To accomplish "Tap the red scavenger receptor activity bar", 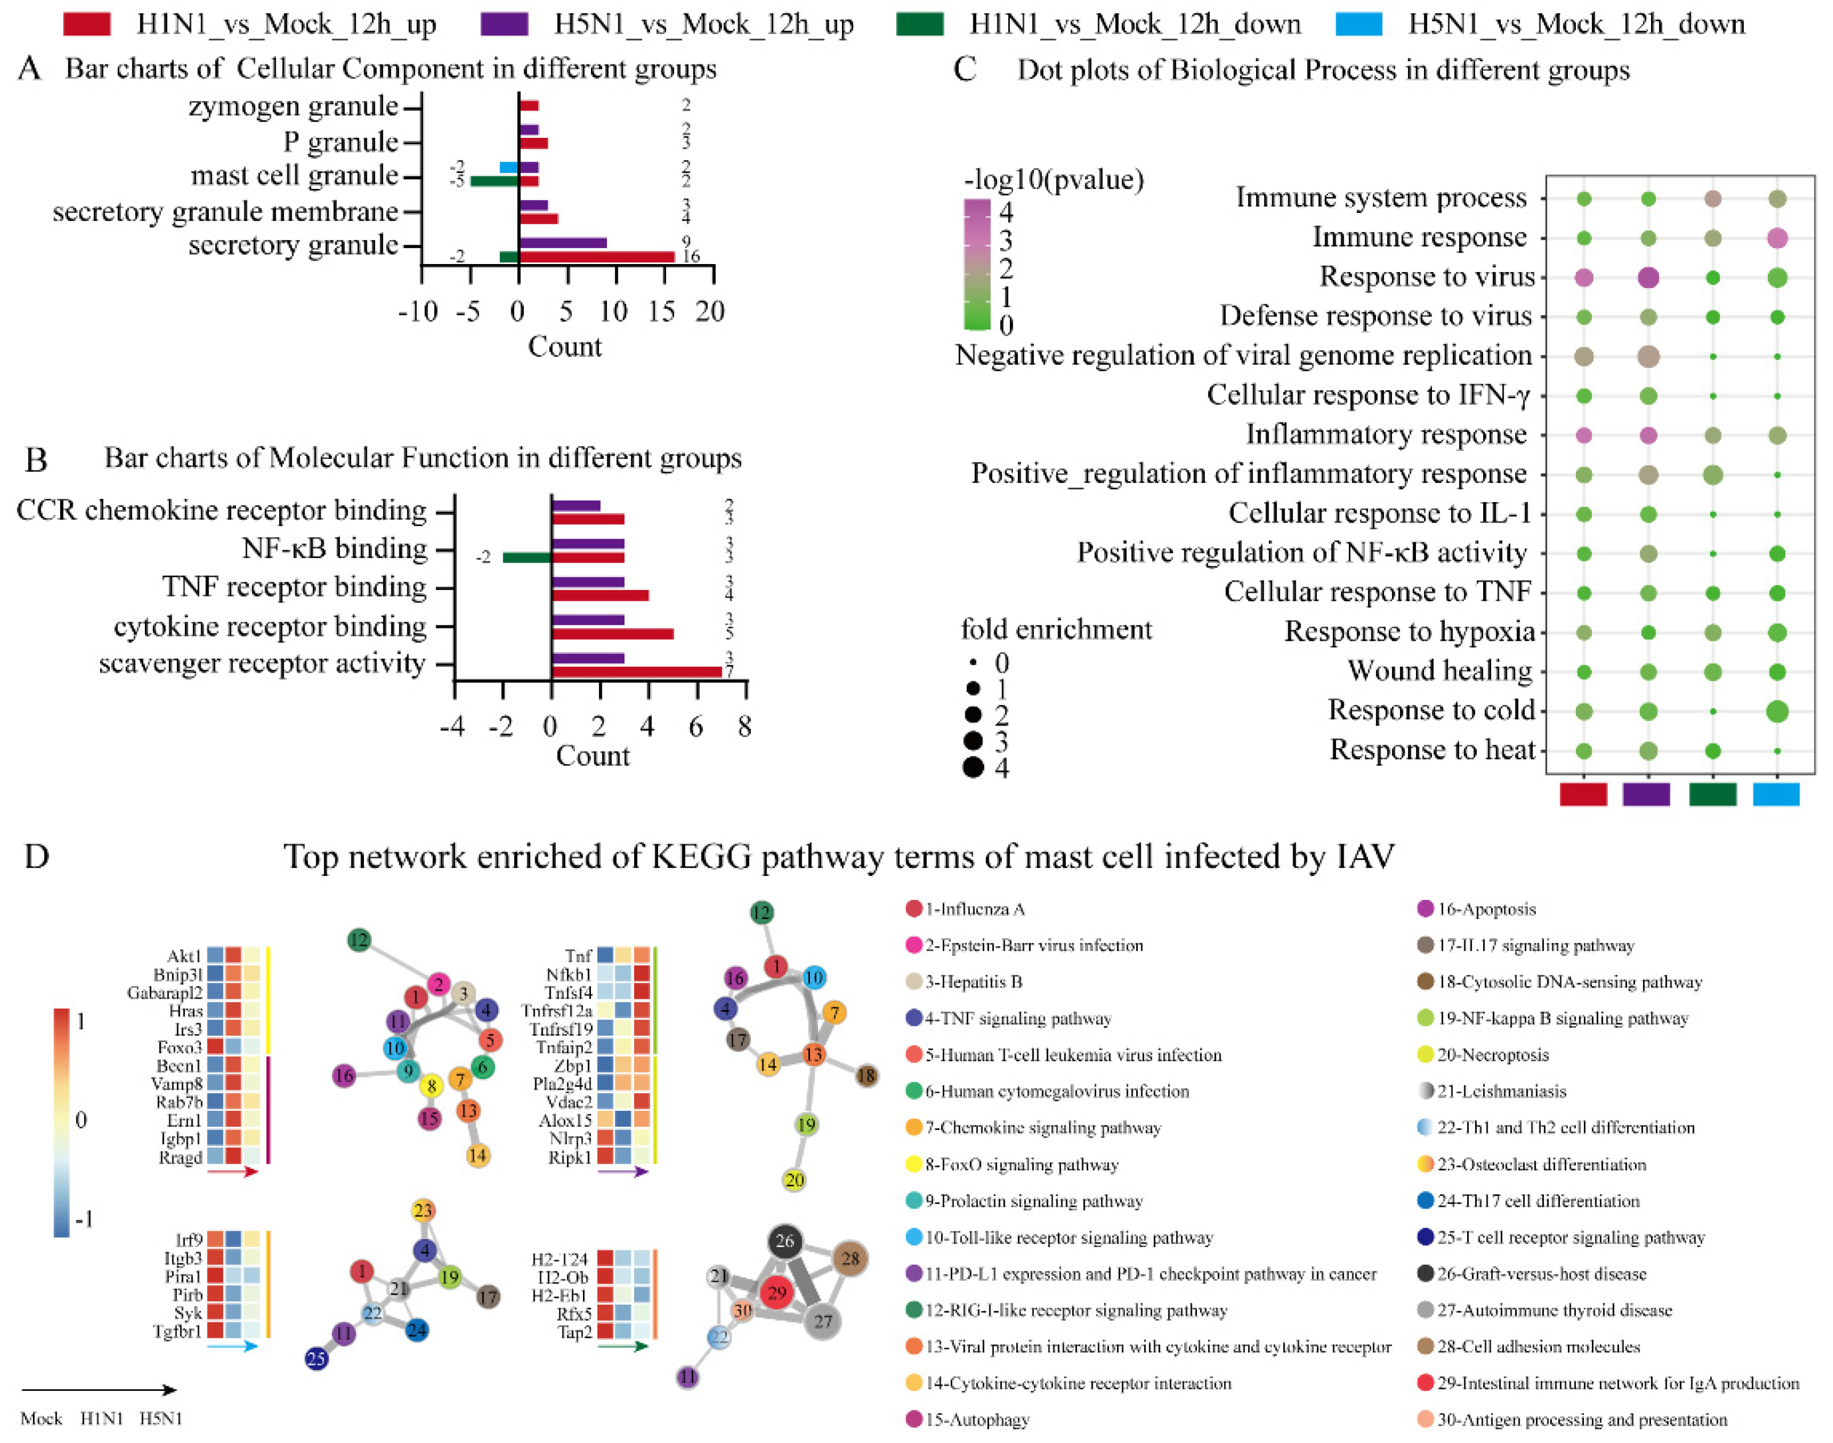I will (637, 672).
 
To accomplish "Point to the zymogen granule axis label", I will (292, 106).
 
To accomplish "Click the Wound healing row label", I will (1439, 671).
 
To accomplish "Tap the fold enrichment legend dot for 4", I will (973, 767).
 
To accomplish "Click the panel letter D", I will (36, 857).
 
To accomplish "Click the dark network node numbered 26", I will (785, 1241).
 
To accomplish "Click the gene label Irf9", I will (188, 1240).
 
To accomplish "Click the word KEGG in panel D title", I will (701, 857).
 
